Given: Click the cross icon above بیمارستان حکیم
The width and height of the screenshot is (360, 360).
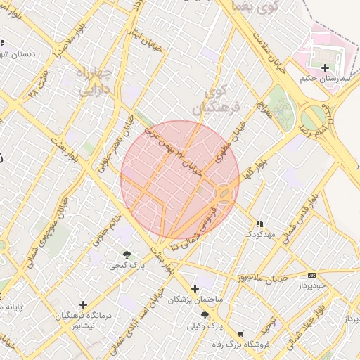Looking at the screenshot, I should (x=325, y=68).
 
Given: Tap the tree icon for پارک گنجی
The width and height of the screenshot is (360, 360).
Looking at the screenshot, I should (x=127, y=255).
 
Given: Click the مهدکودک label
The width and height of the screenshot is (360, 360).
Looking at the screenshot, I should (x=259, y=233).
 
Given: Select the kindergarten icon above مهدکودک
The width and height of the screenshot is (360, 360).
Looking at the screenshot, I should (x=259, y=223).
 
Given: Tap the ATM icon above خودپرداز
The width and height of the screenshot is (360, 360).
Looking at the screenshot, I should (x=312, y=275).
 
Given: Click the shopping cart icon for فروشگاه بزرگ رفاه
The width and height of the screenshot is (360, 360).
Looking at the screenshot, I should (x=241, y=334).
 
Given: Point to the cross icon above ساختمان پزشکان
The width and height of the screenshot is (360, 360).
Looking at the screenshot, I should (x=195, y=288).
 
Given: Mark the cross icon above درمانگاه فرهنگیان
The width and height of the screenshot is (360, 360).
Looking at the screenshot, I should (x=84, y=304).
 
